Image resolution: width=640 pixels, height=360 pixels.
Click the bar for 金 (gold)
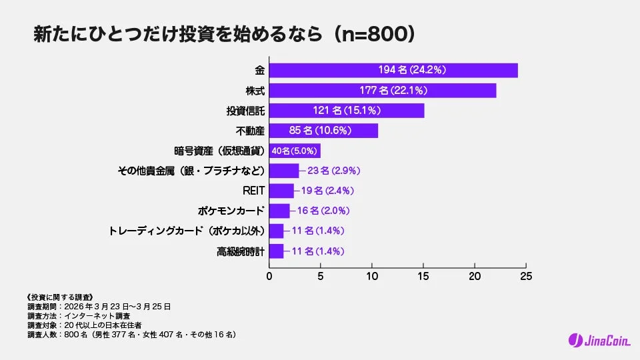[393, 70]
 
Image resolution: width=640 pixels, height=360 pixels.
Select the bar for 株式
[383, 90]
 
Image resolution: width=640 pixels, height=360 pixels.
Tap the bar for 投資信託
[347, 111]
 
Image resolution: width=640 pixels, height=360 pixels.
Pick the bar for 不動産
[323, 131]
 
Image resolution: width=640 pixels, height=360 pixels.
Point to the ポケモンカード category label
[231, 211]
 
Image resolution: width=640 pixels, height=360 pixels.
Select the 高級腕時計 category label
[241, 251]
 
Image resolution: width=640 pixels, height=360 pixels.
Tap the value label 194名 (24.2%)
[412, 70]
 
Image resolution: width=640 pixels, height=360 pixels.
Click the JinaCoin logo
[595, 340]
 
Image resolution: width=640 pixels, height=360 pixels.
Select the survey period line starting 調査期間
[99, 306]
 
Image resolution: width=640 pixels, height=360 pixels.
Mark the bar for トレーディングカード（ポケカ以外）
[276, 231]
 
